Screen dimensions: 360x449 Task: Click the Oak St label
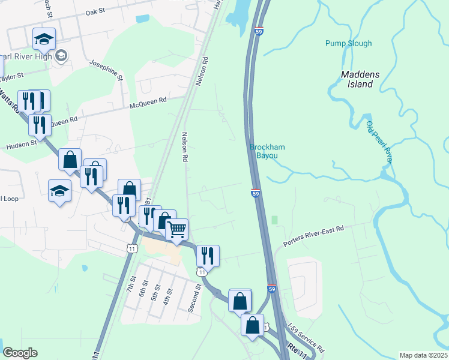click(95, 11)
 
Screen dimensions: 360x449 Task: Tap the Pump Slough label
click(349, 43)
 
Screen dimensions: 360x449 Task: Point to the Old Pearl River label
click(379, 142)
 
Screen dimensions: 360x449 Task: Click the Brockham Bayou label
click(264, 151)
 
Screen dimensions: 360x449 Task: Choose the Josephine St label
click(106, 70)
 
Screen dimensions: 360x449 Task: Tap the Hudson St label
click(22, 145)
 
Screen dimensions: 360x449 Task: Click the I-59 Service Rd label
click(306, 338)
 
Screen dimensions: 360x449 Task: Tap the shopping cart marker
click(176, 229)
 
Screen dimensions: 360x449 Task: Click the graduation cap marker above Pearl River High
click(44, 39)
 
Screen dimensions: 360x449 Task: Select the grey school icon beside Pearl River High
click(61, 56)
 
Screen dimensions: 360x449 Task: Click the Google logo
click(20, 353)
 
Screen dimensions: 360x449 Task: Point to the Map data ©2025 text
click(423, 355)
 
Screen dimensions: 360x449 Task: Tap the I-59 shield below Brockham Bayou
click(255, 193)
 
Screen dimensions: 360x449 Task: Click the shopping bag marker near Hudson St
click(70, 160)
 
